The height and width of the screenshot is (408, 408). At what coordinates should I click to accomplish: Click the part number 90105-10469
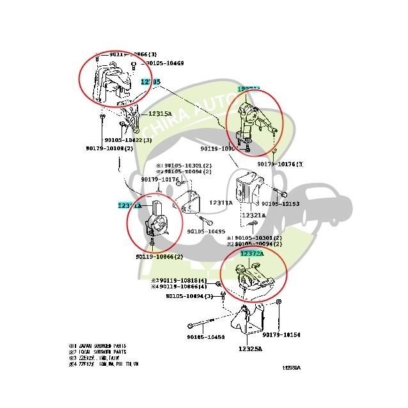point(164,63)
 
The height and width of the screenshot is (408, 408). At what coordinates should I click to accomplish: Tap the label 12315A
point(161,114)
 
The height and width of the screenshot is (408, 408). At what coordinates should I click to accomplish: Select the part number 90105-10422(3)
point(128,139)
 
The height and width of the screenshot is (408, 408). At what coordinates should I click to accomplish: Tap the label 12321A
point(255,216)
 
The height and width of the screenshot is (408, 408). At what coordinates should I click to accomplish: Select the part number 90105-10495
point(206,231)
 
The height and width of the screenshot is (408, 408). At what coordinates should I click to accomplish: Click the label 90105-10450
point(206,337)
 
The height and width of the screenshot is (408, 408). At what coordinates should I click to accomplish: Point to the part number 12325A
point(252,349)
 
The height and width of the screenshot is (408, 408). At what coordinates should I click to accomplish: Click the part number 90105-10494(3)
point(189,296)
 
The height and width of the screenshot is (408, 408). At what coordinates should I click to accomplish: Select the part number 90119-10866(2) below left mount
point(159,257)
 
